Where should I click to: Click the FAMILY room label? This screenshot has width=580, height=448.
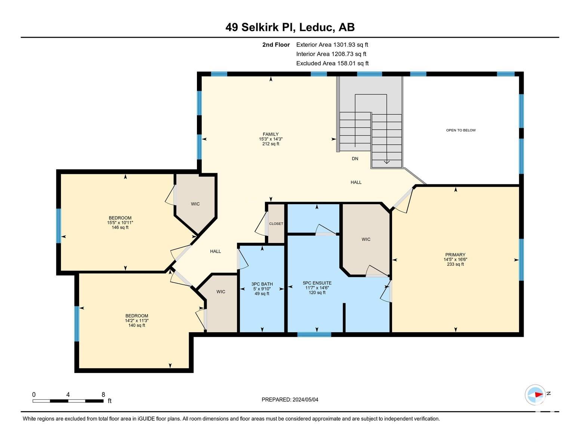pyautogui.click(x=271, y=134)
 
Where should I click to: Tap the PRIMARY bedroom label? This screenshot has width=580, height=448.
pyautogui.click(x=455, y=255)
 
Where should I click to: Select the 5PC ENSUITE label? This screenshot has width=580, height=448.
pyautogui.click(x=317, y=283)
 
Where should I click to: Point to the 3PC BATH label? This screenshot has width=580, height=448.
pyautogui.click(x=262, y=284)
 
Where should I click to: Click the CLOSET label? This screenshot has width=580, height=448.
pyautogui.click(x=276, y=224)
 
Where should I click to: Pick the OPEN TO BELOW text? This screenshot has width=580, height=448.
pyautogui.click(x=461, y=130)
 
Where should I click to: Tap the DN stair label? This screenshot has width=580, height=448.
pyautogui.click(x=355, y=159)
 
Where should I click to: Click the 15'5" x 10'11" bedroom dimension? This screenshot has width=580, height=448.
pyautogui.click(x=120, y=223)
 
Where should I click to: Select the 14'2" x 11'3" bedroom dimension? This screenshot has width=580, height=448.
pyautogui.click(x=137, y=321)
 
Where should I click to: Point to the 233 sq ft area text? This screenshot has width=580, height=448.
pyautogui.click(x=455, y=264)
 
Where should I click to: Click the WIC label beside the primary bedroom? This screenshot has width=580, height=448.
pyautogui.click(x=366, y=239)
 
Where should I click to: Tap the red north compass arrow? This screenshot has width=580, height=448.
pyautogui.click(x=539, y=395)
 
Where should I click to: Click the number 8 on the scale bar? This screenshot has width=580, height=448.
pyautogui.click(x=103, y=395)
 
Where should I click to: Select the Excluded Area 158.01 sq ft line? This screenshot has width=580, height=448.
pyautogui.click(x=332, y=63)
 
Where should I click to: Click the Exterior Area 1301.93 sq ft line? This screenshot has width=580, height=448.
pyautogui.click(x=332, y=45)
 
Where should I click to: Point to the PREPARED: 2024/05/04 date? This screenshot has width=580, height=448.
pyautogui.click(x=290, y=399)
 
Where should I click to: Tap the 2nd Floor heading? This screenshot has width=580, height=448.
pyautogui.click(x=276, y=45)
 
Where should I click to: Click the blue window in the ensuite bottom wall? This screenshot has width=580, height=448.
pyautogui.click(x=314, y=335)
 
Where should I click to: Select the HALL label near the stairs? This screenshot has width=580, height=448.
pyautogui.click(x=356, y=182)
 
